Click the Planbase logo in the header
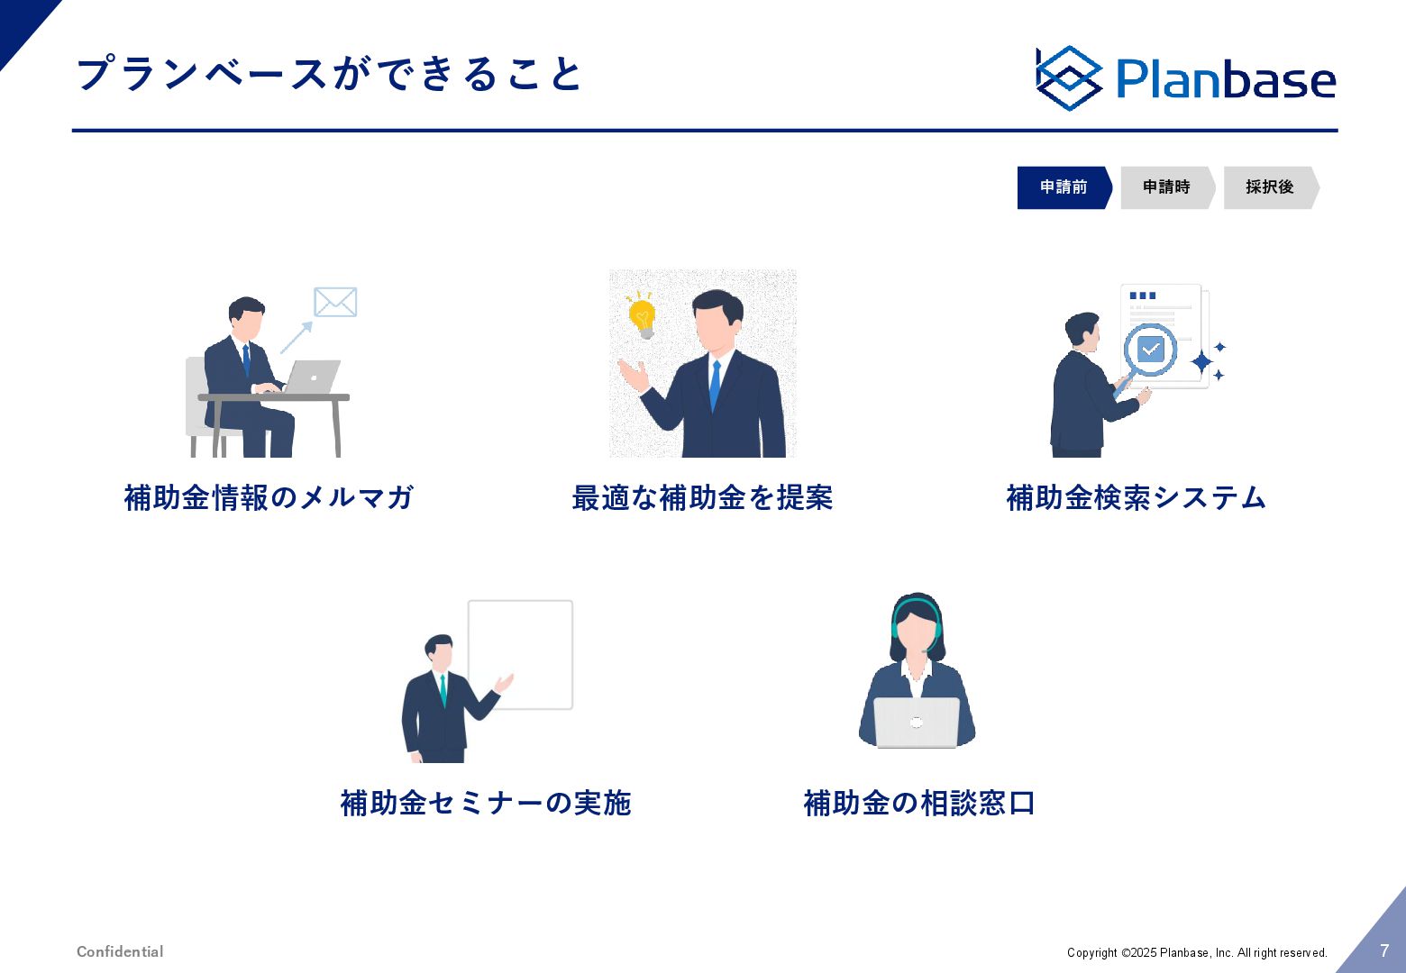(x=1185, y=78)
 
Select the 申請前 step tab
(x=1064, y=187)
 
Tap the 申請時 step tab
(x=1167, y=187)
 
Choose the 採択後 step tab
(x=1271, y=187)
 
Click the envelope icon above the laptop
(x=335, y=302)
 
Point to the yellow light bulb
(x=642, y=315)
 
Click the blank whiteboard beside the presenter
(x=520, y=654)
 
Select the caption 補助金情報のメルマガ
(x=269, y=497)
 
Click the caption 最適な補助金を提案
(x=702, y=497)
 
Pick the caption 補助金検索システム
(x=1137, y=497)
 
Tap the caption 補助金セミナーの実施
(x=486, y=803)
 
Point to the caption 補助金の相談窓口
(x=919, y=803)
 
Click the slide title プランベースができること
(x=329, y=74)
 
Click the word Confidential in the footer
(x=120, y=951)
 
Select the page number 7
(x=1384, y=950)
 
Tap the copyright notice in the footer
(x=1197, y=952)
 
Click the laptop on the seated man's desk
(x=311, y=377)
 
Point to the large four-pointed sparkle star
(x=1201, y=362)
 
